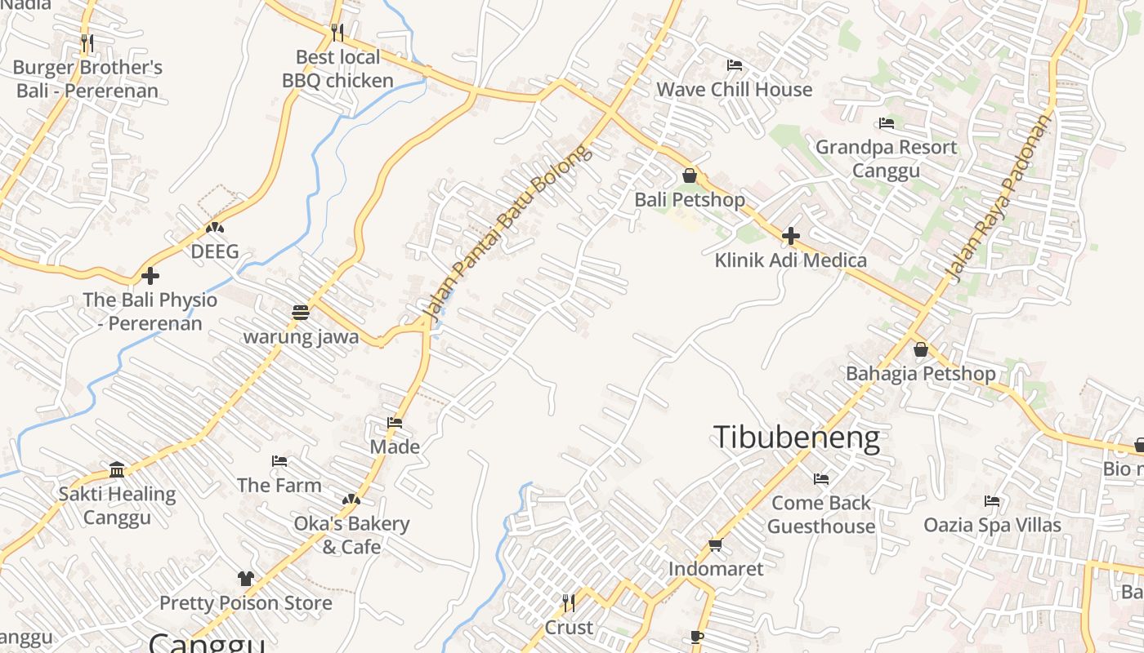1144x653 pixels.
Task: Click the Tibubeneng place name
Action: (797, 438)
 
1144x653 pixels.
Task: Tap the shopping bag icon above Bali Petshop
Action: (690, 175)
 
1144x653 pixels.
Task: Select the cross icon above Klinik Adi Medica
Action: (790, 237)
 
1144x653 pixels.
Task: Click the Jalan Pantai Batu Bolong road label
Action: (507, 233)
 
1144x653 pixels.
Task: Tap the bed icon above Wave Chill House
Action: (735, 65)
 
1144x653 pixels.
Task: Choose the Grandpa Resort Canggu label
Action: (886, 158)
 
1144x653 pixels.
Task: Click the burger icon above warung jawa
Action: (301, 313)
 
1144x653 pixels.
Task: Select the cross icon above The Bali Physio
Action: (150, 276)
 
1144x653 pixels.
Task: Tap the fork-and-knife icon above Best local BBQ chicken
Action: (337, 32)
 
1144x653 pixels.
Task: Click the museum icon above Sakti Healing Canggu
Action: (117, 469)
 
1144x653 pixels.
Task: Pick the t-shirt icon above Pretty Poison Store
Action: (246, 579)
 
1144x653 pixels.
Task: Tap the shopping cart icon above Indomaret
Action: (716, 544)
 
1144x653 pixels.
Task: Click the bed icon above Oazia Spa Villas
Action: (992, 500)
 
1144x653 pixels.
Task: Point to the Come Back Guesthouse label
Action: (820, 514)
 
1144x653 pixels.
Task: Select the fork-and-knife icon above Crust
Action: (569, 603)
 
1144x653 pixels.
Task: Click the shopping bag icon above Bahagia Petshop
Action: (921, 349)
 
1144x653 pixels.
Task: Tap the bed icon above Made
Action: (395, 423)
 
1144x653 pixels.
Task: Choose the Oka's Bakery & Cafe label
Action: (351, 535)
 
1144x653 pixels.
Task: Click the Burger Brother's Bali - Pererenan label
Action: (87, 78)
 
